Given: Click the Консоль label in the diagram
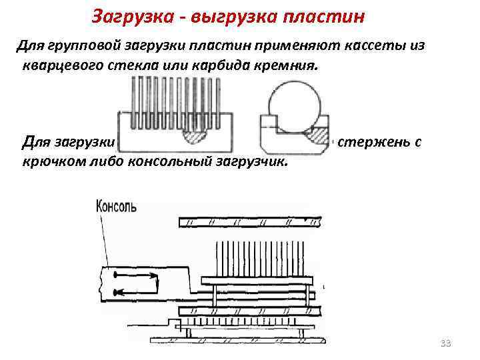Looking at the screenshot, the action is (117, 205).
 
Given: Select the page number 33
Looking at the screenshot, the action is (446, 343).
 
